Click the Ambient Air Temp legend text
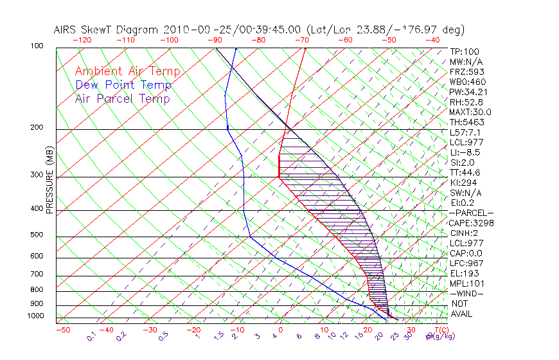[128, 71]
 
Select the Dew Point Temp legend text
[123, 85]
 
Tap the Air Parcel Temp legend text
[123, 98]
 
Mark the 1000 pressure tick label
[37, 316]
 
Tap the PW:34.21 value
[466, 92]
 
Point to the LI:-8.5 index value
[465, 152]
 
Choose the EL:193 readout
[463, 273]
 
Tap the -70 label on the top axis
[301, 40]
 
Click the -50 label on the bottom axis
[62, 330]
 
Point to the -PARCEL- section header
[471, 213]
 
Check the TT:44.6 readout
[465, 172]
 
